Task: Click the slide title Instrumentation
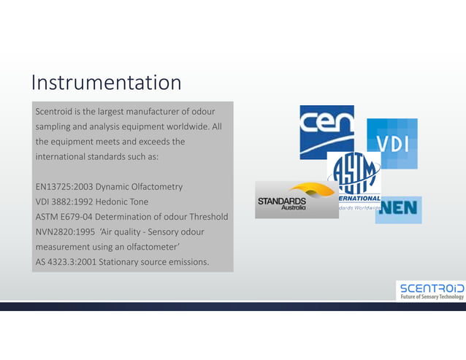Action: [x=106, y=82]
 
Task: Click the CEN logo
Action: [x=326, y=131]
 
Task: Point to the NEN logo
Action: [x=399, y=210]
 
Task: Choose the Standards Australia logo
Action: [x=296, y=200]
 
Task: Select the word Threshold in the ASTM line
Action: [x=207, y=217]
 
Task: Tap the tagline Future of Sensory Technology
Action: [x=431, y=296]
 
